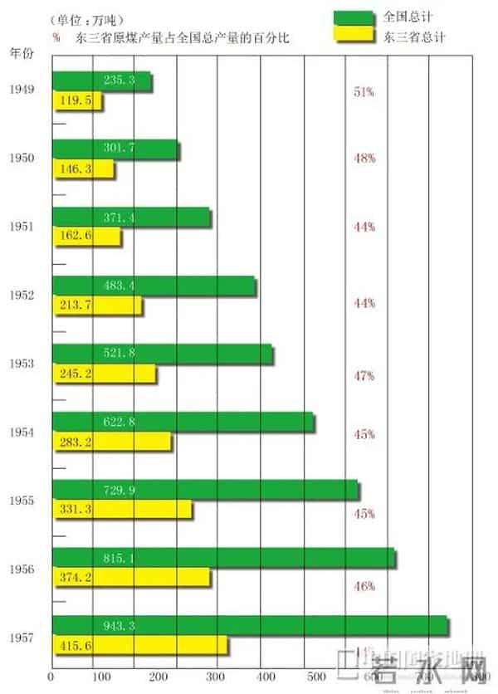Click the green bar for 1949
pyautogui.click(x=102, y=81)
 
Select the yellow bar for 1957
pyautogui.click(x=139, y=645)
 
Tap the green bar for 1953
pyautogui.click(x=163, y=354)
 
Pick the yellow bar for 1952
pyautogui.click(x=97, y=305)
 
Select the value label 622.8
pyautogui.click(x=120, y=422)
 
